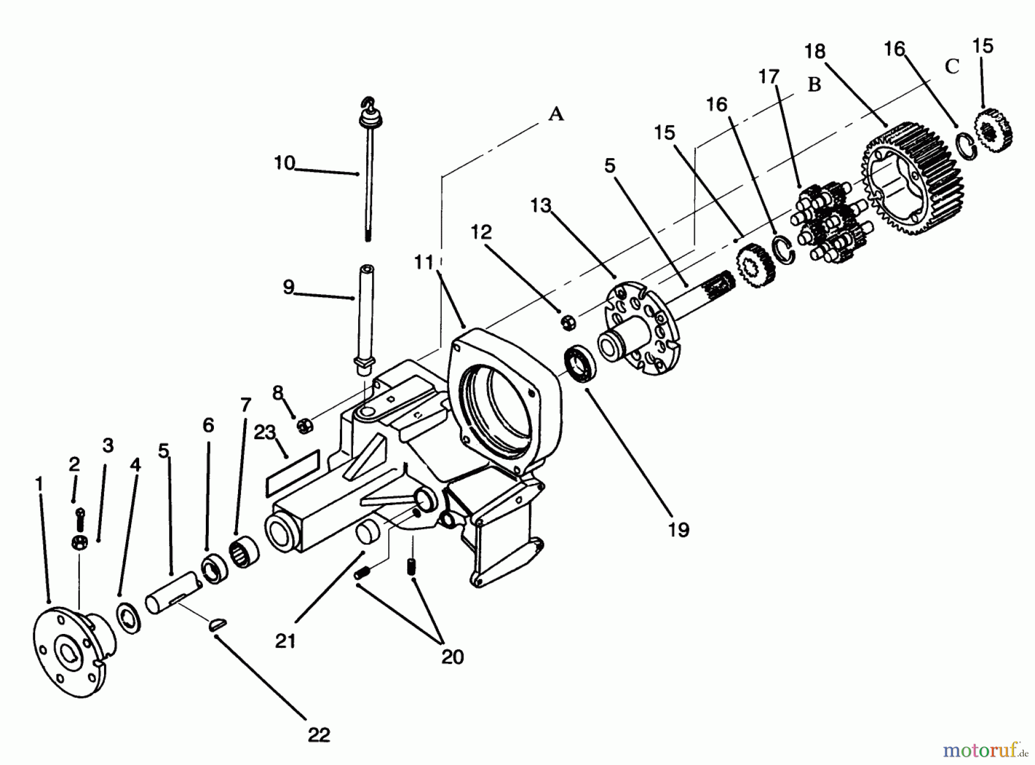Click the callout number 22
(319, 735)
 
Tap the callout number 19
(678, 529)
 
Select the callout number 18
(815, 52)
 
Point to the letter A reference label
(555, 114)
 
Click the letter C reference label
(952, 67)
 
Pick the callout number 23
(265, 432)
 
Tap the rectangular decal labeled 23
(292, 473)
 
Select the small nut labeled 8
(305, 426)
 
